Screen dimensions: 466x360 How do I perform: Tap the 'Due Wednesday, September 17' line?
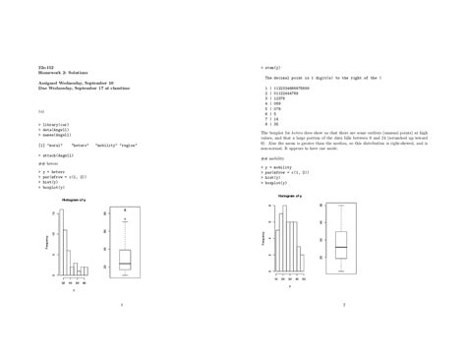coord(84,89)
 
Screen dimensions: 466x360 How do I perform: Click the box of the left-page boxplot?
coord(125,258)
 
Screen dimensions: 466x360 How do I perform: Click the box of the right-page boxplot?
coord(341,245)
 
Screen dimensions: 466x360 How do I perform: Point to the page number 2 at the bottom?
coord(344,304)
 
